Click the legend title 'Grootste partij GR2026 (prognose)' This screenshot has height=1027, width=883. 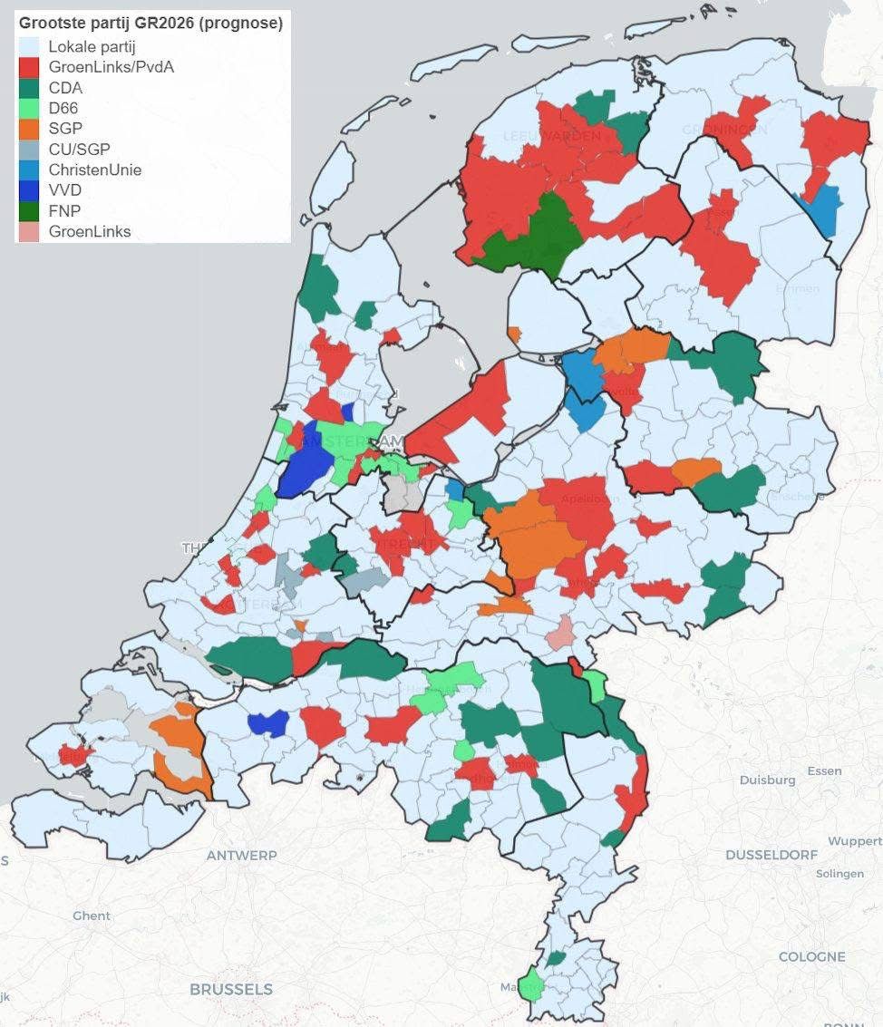pos(150,24)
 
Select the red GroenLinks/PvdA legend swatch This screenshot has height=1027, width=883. pos(30,66)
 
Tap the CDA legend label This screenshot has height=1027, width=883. pos(65,88)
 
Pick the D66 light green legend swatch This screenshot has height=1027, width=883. pos(30,108)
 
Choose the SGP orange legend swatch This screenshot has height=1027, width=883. pos(30,129)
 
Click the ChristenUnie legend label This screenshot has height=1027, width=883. pos(95,170)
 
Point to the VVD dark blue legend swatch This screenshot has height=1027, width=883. pos(30,190)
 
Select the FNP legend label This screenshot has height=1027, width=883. pos(64,211)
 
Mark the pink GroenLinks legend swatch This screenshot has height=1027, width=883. pos(30,231)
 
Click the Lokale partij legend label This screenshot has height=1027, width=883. pos(92,46)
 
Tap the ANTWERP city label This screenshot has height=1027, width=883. pos(241,855)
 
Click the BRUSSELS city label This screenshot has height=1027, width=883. pos(230,989)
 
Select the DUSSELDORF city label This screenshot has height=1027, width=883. pos(771,855)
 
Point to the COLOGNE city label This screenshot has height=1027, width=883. pos(811,956)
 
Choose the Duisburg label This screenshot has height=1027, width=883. pos(767,780)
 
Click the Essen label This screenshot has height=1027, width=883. pos(824,770)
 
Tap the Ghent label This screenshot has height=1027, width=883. pos(92,916)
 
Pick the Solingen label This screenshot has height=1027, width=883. pos(839,874)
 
